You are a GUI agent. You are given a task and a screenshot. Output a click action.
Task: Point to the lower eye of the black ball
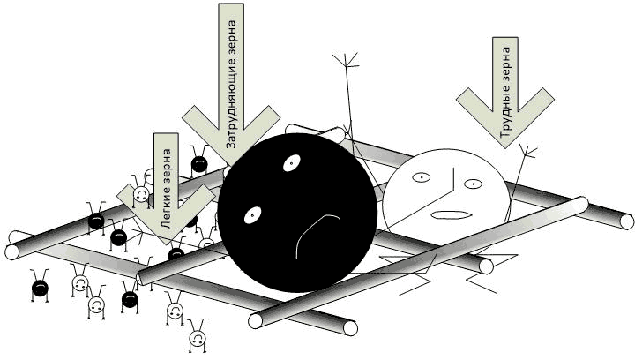click(252, 213)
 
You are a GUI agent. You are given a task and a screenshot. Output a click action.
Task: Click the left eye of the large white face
click(422, 178)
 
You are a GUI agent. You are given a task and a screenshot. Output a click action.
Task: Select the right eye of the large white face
click(473, 184)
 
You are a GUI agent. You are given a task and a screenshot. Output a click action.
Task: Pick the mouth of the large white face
click(450, 214)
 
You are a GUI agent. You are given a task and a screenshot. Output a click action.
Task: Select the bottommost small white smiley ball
click(197, 337)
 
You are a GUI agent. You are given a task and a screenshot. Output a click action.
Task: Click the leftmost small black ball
click(40, 287)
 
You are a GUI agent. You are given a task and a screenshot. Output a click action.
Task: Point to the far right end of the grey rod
click(625, 221)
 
